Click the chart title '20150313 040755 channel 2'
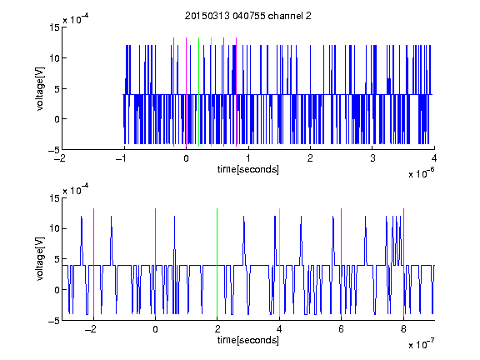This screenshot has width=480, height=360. coord(248,16)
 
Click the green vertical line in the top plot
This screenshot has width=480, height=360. coord(199,92)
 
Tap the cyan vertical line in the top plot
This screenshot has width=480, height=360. coord(211,92)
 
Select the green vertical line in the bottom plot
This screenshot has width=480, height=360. coord(217,262)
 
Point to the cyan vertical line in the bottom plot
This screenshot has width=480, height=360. coord(279,262)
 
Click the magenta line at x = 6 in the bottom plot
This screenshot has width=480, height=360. coord(342,262)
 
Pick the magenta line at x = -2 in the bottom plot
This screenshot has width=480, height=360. coord(93,262)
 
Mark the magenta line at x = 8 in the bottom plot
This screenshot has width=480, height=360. coord(404,262)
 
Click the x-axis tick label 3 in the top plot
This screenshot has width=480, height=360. coord(372,158)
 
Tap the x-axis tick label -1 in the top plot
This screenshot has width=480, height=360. coord(122,158)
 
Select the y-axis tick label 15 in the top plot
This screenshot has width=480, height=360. coord(54,27)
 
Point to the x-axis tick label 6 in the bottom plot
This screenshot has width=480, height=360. coord(342,329)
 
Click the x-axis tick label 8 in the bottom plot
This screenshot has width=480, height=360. coord(404,329)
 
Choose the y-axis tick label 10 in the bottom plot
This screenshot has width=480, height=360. coord(54,228)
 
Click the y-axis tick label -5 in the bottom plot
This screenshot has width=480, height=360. coord(54,321)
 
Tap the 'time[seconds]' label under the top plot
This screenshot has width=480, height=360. coord(248,169)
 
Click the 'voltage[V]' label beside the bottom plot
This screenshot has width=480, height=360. coord(40,258)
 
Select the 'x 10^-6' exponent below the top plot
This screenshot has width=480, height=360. coord(421,173)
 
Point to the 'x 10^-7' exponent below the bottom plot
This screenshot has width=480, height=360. coord(421,344)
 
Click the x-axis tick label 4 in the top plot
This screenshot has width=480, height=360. coord(434,158)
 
